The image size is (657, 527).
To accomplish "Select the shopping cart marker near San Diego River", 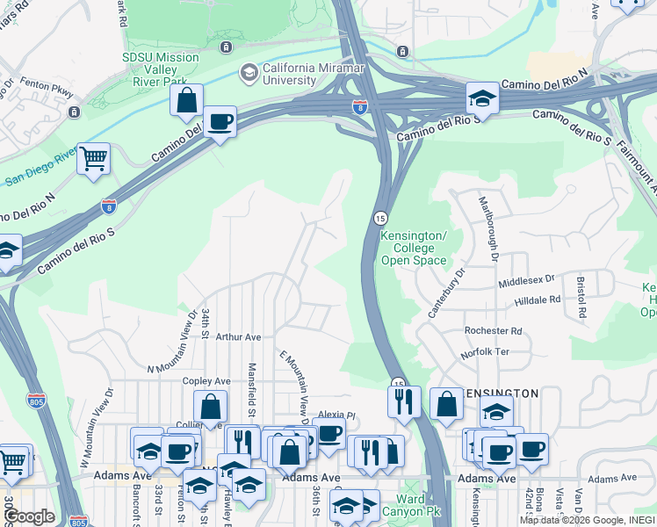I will pos(93,159).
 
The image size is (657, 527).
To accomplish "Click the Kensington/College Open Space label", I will pos(414,249).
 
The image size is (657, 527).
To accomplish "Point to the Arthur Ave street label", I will pos(239,336).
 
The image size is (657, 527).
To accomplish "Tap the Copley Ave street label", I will pos(206,381).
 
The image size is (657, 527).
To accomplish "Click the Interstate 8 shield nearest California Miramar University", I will pos(359,106).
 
